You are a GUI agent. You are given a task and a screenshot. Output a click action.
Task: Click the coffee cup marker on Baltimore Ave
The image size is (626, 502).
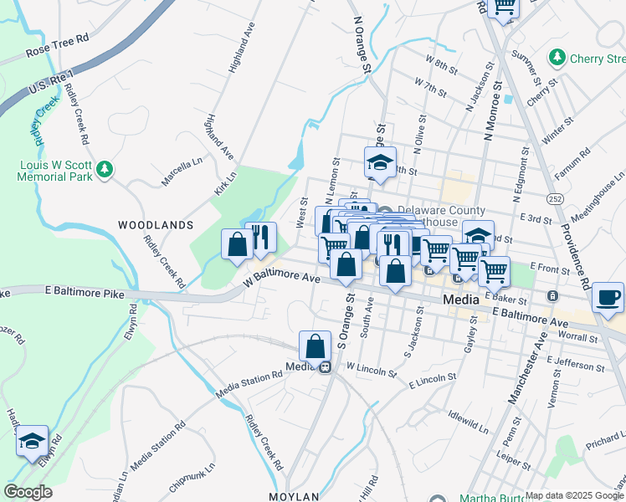tap(608, 298)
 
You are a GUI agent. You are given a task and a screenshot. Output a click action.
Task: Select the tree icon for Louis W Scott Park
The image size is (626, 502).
tap(105, 170)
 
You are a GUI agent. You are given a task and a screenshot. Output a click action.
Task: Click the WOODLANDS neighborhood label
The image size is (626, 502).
tap(156, 225)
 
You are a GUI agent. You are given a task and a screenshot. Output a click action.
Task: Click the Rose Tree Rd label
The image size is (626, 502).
tap(57, 45)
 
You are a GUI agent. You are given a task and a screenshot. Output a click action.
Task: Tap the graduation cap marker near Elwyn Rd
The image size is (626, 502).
tap(32, 440)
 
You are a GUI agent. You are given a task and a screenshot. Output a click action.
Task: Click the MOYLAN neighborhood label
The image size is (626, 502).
tap(295, 496)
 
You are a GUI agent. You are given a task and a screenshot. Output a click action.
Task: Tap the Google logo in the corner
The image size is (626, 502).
tap(28, 492)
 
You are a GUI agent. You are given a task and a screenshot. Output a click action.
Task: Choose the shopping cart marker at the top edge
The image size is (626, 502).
tap(504, 7)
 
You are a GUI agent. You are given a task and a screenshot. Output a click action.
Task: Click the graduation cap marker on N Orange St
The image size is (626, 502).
tap(380, 161)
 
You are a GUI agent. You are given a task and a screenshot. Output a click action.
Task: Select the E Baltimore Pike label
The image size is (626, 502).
tap(84, 294)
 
